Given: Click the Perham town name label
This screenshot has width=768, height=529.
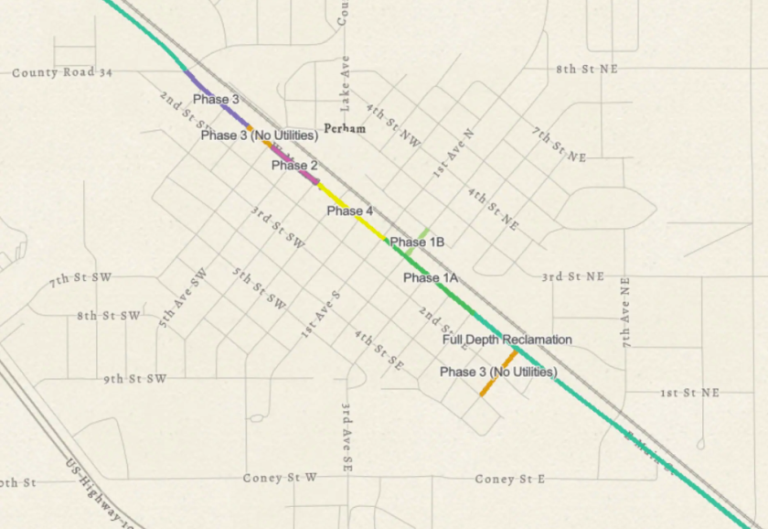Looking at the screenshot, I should point(345,129).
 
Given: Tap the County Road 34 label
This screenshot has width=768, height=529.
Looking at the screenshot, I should point(61,72).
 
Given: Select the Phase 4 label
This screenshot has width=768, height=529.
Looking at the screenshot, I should point(350,211).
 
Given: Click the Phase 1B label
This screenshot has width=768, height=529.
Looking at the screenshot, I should point(417,243).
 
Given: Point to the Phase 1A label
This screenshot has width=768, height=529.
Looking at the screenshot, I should point(430,277).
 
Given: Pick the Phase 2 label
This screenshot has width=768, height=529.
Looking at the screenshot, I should point(294,166).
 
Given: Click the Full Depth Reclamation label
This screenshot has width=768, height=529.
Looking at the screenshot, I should point(507,340).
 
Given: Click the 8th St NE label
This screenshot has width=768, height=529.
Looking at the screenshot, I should point(586,69).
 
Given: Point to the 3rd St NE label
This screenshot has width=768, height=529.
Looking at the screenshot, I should point(572,275).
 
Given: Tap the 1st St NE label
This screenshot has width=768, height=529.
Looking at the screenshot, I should point(689,393).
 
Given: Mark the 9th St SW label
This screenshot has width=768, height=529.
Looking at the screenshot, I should point(134,378).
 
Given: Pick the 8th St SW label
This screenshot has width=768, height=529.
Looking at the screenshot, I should point(109,316).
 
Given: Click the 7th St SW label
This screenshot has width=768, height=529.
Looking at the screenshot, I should point(84,277).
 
